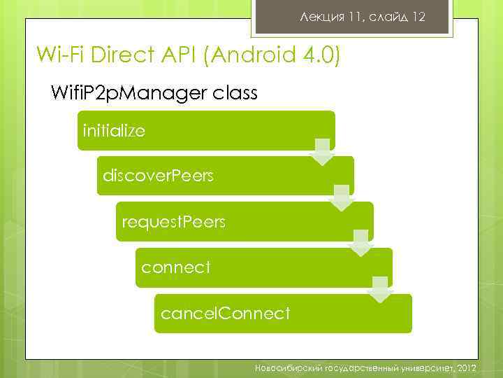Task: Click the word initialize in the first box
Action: point(114,131)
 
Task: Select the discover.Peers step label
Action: point(158,176)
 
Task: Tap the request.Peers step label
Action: point(174,222)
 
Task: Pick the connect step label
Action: point(175,267)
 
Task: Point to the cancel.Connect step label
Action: point(225,314)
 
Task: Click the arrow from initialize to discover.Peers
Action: point(322,151)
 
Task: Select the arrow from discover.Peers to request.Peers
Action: point(342,197)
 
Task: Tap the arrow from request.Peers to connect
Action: point(360,243)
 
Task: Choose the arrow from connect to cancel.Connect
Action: point(380,288)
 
